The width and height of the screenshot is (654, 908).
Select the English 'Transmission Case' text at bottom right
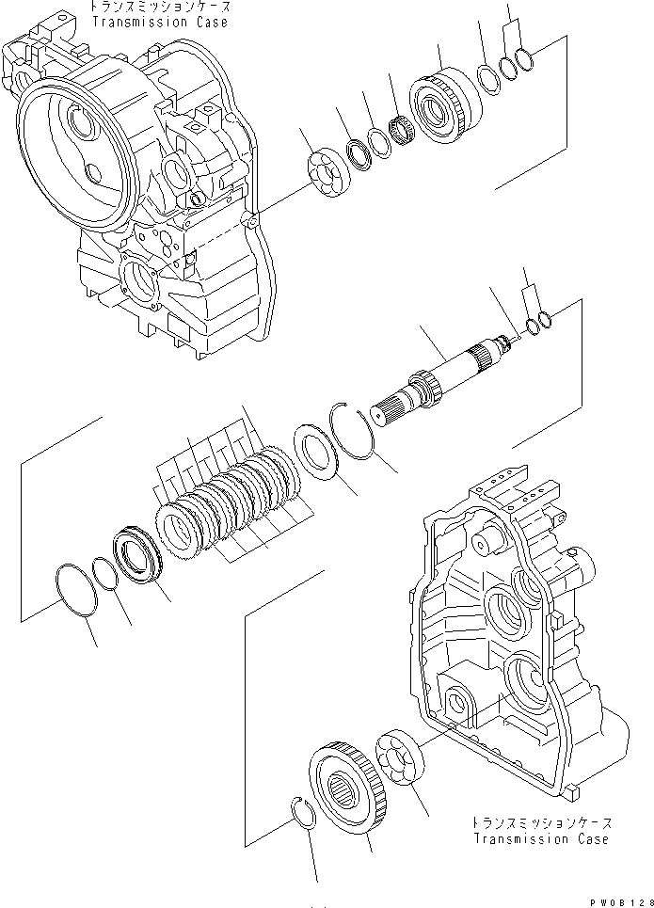tap(541, 839)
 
